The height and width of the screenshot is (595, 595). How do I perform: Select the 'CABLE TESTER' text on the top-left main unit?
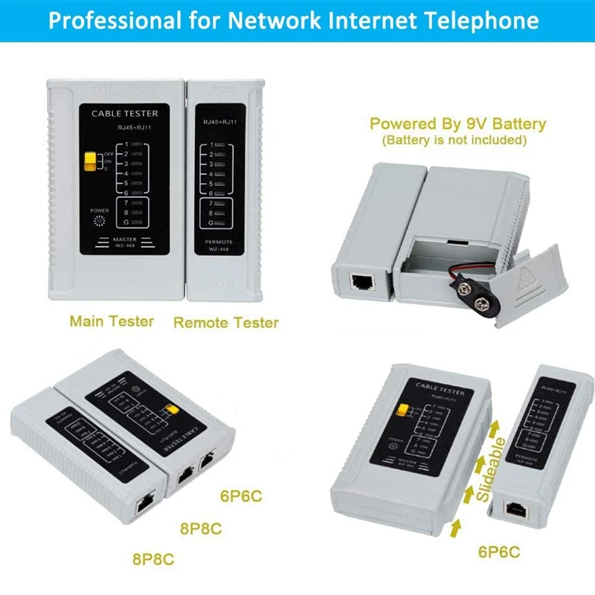[x=123, y=114]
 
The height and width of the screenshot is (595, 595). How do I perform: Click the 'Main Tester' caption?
[x=112, y=321]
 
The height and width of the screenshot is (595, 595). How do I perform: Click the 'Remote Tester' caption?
[x=226, y=322]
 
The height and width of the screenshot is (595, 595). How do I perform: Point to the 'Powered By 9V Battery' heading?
[x=457, y=123]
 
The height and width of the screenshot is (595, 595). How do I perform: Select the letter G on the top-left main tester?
[x=127, y=222]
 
